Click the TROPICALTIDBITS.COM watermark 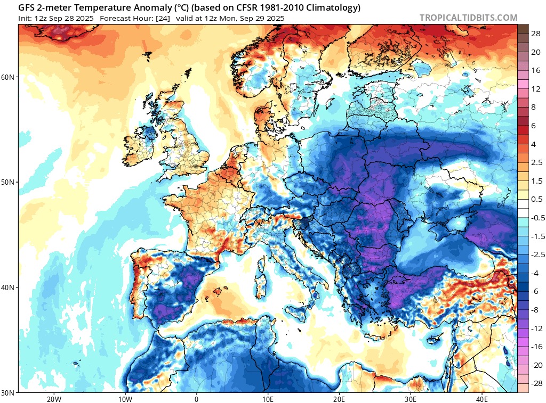pyautogui.click(x=468, y=18)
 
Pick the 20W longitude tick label pyautogui.click(x=53, y=399)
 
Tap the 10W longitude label pyautogui.click(x=125, y=399)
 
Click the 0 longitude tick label pyautogui.click(x=196, y=399)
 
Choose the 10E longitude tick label pyautogui.click(x=268, y=399)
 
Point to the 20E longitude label pyautogui.click(x=339, y=399)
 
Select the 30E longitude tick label pyautogui.click(x=411, y=399)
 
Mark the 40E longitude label pyautogui.click(x=482, y=399)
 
